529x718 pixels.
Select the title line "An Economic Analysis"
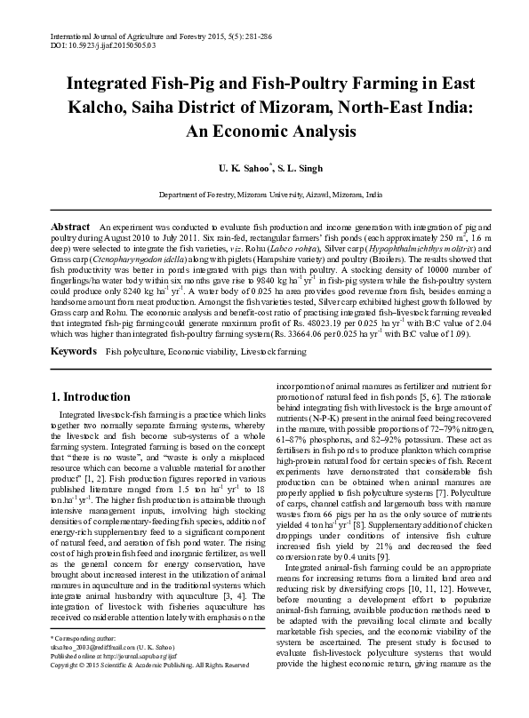pos(269,132)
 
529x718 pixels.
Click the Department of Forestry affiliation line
pos(270,194)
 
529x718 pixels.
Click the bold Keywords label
pos(74,352)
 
